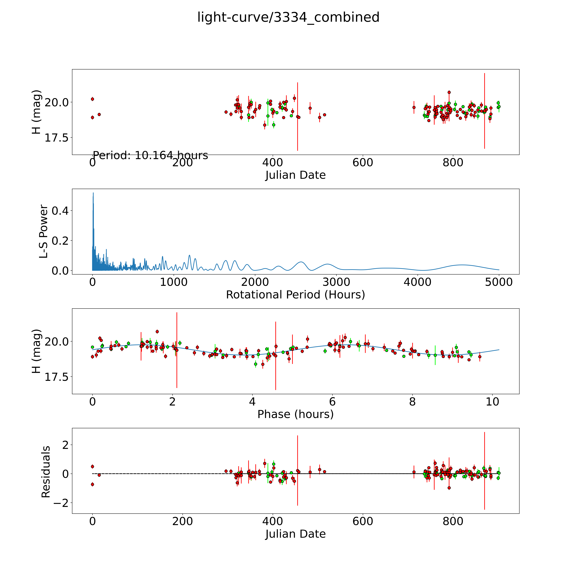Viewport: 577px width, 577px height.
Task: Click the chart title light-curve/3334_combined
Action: point(288,17)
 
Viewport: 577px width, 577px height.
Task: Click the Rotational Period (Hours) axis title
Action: point(295,295)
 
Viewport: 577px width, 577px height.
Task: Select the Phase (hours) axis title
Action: point(295,414)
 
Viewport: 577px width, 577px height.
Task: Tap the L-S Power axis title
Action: point(44,231)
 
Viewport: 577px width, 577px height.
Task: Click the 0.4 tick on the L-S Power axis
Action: point(60,211)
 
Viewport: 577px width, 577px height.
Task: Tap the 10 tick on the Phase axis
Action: point(492,402)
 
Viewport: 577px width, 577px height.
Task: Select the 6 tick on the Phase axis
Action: point(332,402)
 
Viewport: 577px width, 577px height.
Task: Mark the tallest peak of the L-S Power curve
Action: point(93,193)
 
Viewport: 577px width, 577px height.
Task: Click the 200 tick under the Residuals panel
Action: point(183,521)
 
